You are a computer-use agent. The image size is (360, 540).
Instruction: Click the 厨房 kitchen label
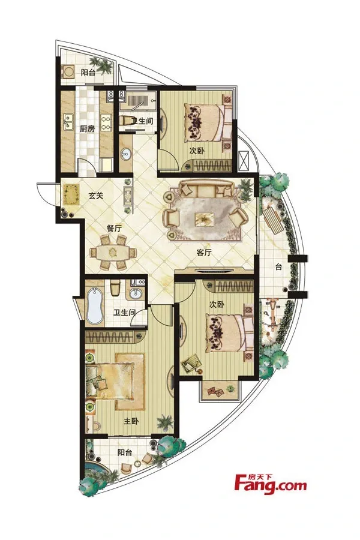pyautogui.click(x=87, y=129)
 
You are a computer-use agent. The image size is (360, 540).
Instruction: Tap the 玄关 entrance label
pyautogui.click(x=96, y=196)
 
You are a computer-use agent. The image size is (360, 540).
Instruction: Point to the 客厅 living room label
pyautogui.click(x=203, y=253)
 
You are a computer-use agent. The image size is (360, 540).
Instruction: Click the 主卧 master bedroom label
pyautogui.click(x=131, y=421)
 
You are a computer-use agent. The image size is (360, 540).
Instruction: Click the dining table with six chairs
pyautogui.click(x=113, y=253)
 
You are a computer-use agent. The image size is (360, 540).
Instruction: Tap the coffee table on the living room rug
pyautogui.click(x=204, y=219)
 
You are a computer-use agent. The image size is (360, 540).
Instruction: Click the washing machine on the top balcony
pyautogui.click(x=68, y=72)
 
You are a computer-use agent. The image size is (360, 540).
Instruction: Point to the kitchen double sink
pyautogui.click(x=69, y=122)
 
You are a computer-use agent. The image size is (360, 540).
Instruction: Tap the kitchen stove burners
pyautogui.click(x=106, y=122)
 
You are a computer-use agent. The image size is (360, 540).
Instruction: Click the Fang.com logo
pyautogui.click(x=270, y=484)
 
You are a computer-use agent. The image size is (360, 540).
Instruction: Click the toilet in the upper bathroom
pyautogui.click(x=127, y=121)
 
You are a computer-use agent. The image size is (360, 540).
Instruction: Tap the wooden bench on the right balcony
pyautogui.click(x=274, y=220)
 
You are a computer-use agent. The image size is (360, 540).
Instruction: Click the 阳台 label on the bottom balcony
pyautogui.click(x=125, y=452)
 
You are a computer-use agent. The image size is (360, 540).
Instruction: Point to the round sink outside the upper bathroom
pyautogui.click(x=126, y=154)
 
